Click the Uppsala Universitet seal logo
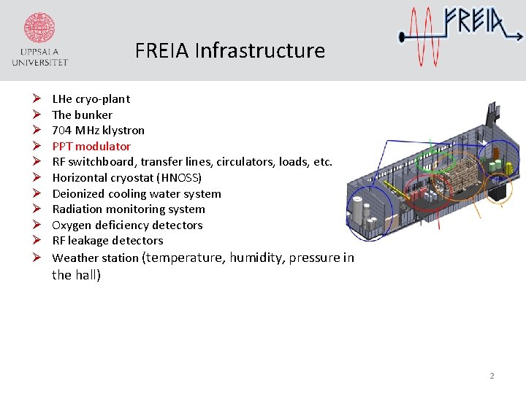(x=40, y=29)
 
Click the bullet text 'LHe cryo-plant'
(x=91, y=98)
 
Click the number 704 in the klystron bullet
(x=61, y=130)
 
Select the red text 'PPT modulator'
(x=91, y=146)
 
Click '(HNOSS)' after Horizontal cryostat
(x=179, y=177)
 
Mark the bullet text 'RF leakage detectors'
(x=107, y=240)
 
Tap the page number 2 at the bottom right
(x=492, y=376)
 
